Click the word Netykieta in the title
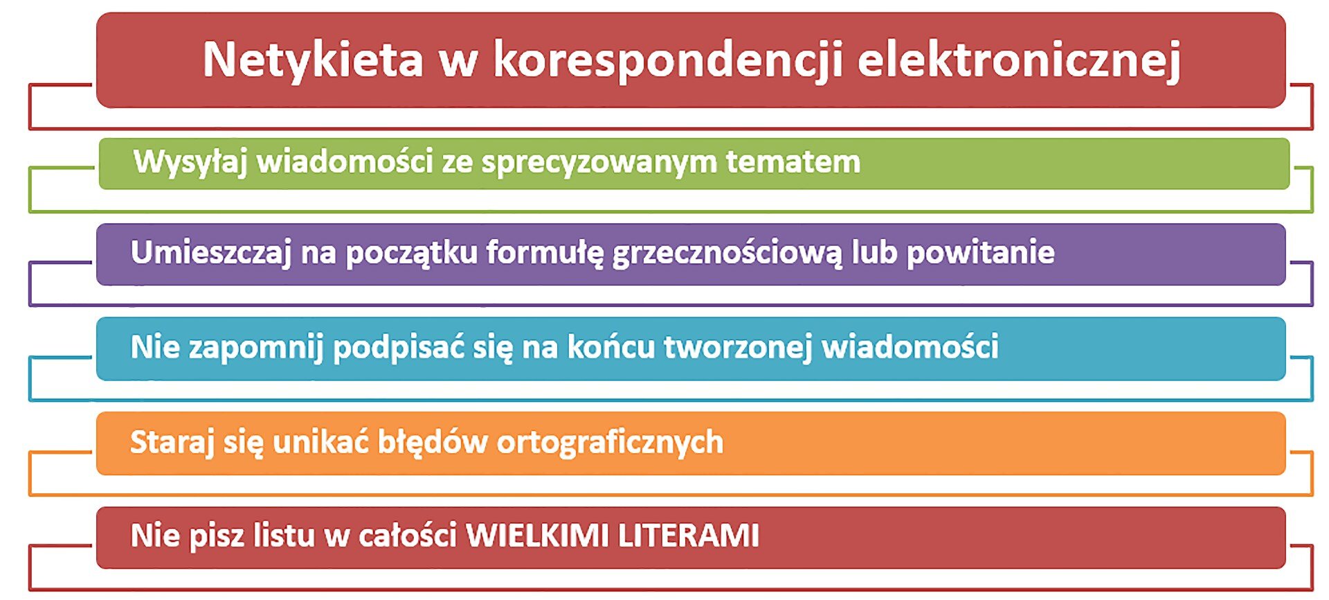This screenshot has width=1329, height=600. point(313,60)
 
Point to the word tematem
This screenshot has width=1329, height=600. point(793,162)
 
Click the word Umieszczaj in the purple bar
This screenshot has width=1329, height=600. point(210,253)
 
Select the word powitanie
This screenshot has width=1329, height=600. point(980,253)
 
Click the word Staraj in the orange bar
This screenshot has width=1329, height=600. point(172,443)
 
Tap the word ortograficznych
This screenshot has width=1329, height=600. point(610,443)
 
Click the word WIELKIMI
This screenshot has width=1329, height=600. point(537,536)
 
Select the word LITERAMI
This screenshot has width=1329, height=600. point(688,536)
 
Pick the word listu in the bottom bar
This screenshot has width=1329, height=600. point(284,536)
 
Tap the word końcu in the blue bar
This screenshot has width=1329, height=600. point(611,347)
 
